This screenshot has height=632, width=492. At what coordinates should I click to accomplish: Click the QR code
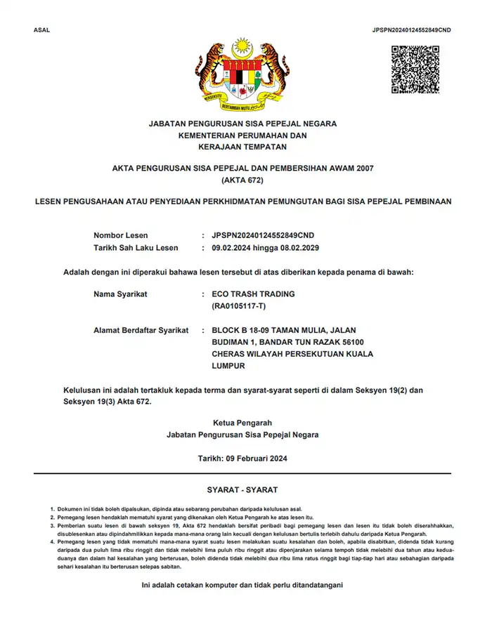pyautogui.click(x=415, y=70)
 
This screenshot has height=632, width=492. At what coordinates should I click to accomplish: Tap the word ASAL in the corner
pyautogui.click(x=41, y=30)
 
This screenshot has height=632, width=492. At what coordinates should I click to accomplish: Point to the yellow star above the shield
pyautogui.click(x=242, y=48)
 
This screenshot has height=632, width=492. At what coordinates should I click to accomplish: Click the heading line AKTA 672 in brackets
pyautogui.click(x=242, y=180)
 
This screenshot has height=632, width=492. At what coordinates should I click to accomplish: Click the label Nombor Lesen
pyautogui.click(x=120, y=235)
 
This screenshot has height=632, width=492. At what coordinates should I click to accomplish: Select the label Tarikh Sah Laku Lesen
pyautogui.click(x=136, y=248)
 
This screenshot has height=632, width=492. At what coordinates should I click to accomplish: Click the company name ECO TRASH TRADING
pyautogui.click(x=253, y=294)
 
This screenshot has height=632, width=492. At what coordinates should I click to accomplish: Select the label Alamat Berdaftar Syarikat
pyautogui.click(x=141, y=331)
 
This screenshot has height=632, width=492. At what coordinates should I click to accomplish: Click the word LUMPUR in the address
pyautogui.click(x=228, y=366)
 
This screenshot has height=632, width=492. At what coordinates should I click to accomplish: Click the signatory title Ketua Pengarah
pyautogui.click(x=242, y=423)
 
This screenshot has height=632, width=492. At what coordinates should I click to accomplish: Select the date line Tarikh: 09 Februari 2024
pyautogui.click(x=242, y=459)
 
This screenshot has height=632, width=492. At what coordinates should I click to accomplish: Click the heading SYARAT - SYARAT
pyautogui.click(x=242, y=489)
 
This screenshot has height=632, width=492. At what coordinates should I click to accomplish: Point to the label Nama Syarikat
pyautogui.click(x=120, y=294)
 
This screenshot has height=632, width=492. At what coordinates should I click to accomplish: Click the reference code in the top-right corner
pyautogui.click(x=411, y=30)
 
